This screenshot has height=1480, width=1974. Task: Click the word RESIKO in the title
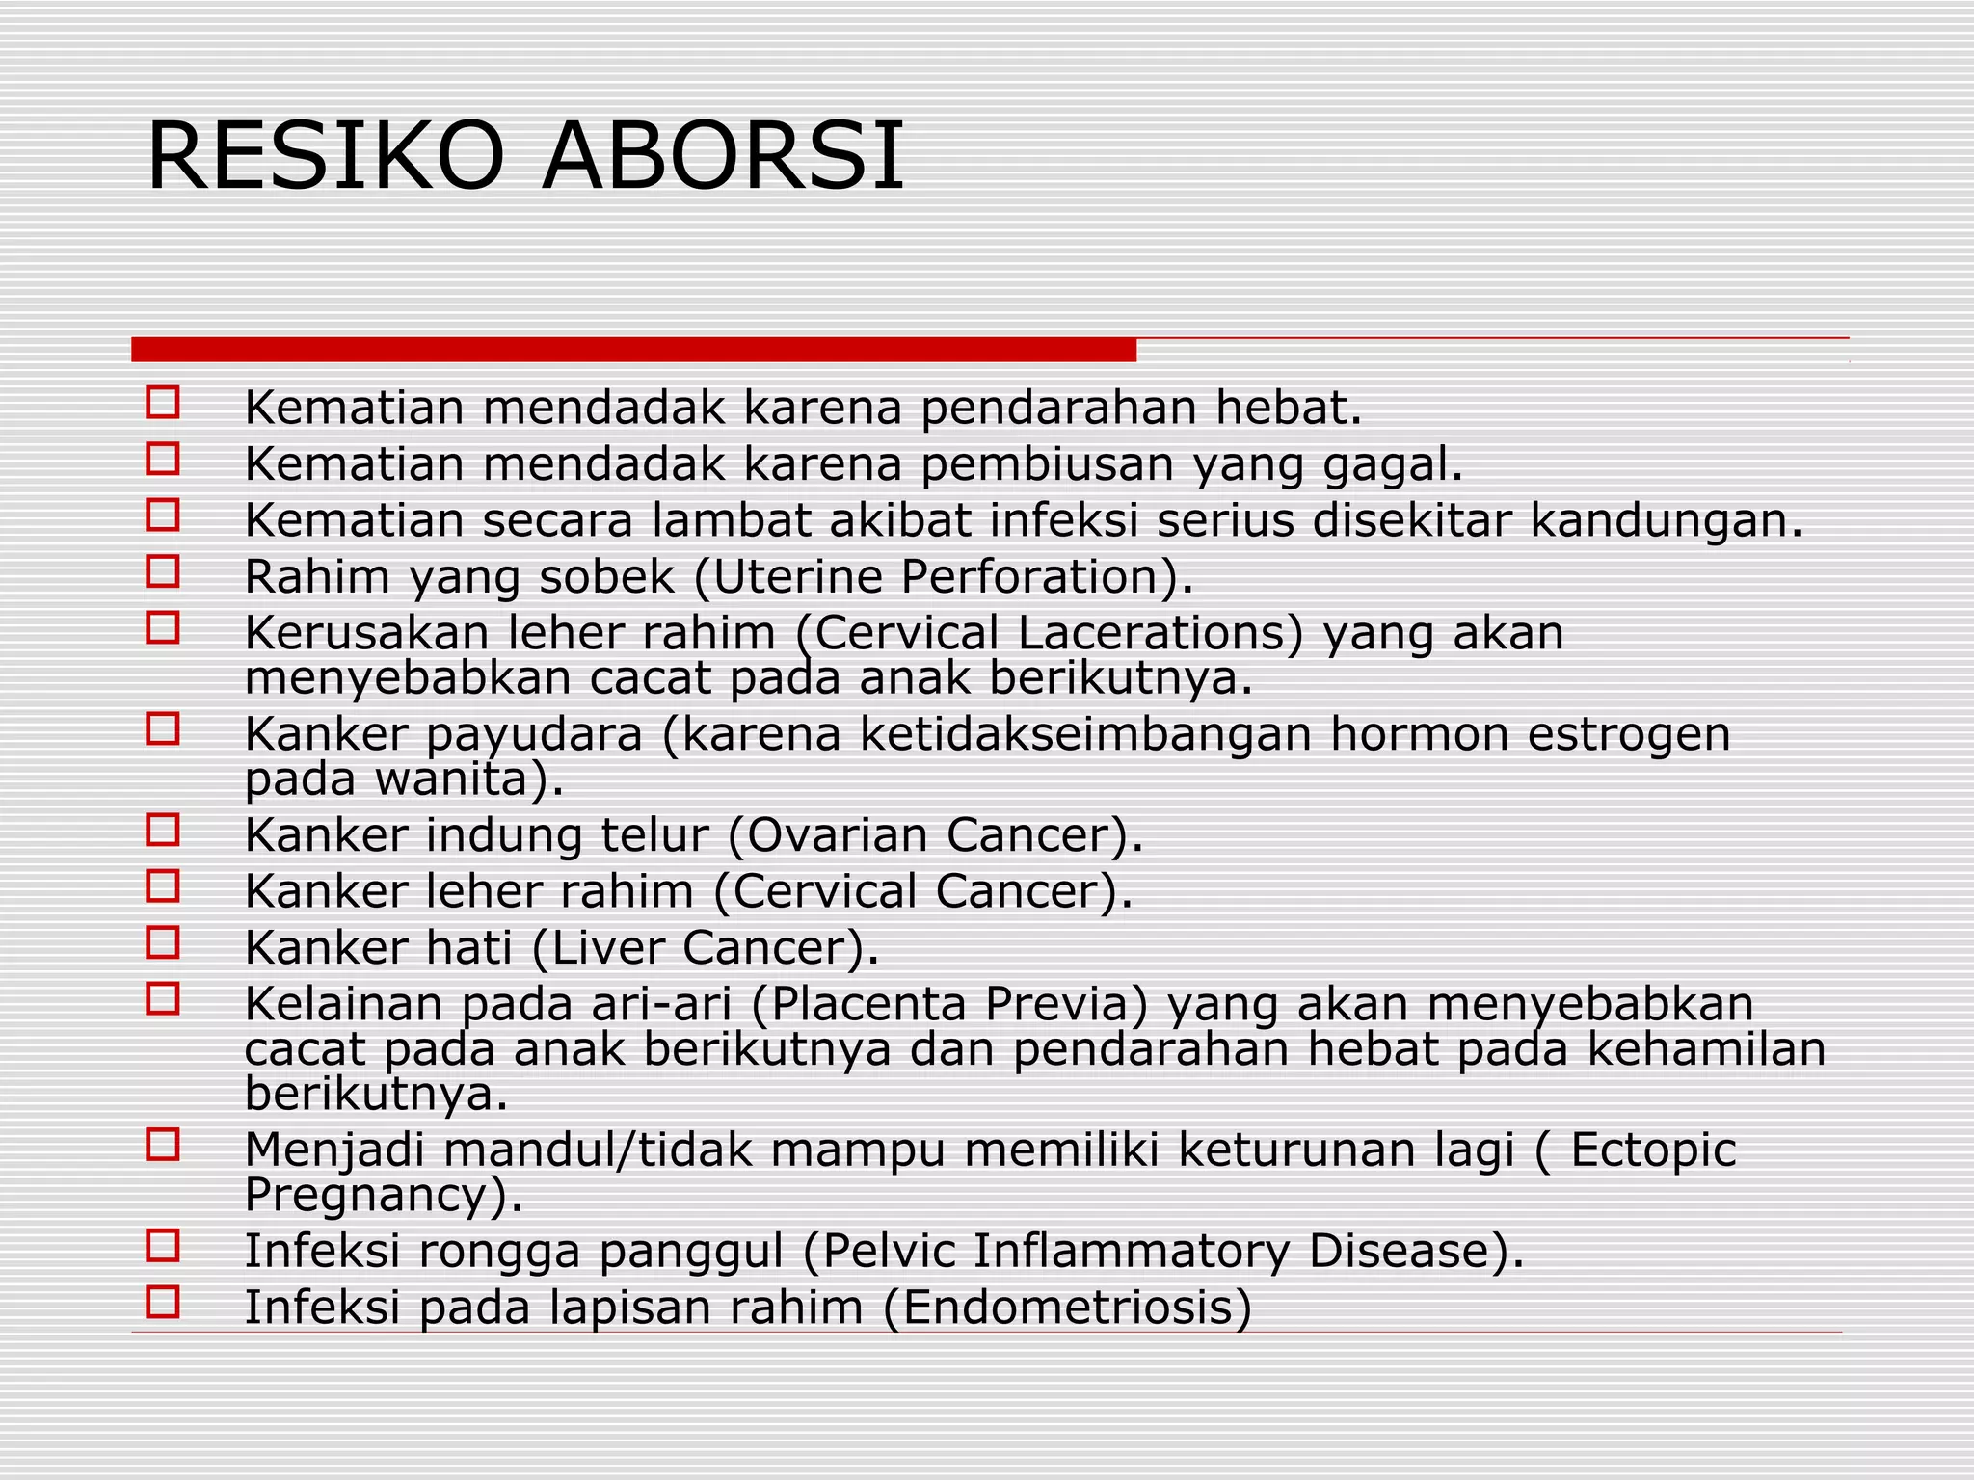coord(325,156)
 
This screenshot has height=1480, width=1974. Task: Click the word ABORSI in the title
coord(723,156)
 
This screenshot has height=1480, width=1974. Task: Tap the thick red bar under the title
coord(633,350)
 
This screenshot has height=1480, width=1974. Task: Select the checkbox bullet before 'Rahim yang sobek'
coord(163,571)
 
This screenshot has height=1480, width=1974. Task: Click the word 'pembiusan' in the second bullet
coord(1048,465)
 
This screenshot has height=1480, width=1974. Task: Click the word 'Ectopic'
coord(1653,1150)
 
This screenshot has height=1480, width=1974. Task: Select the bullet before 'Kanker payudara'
coord(163,728)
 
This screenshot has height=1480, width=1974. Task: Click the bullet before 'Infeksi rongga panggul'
coord(163,1246)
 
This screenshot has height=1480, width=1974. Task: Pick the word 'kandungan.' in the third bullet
coord(1667,521)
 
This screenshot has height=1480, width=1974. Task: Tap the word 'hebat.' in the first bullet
coord(1289,409)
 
